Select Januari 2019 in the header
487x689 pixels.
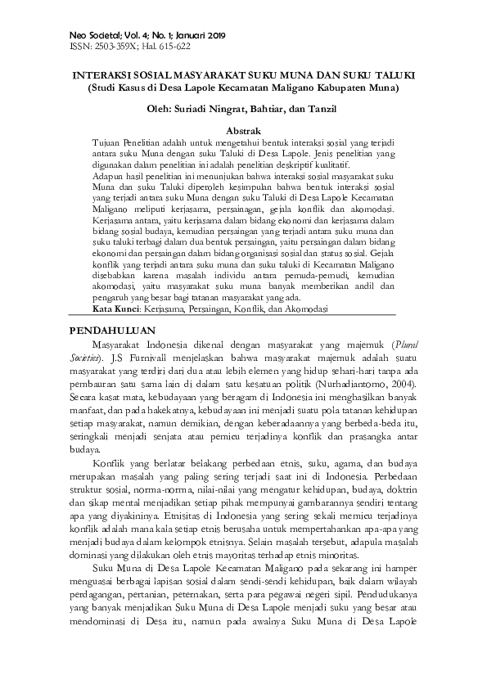tap(200, 37)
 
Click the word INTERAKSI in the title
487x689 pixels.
tap(96, 74)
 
